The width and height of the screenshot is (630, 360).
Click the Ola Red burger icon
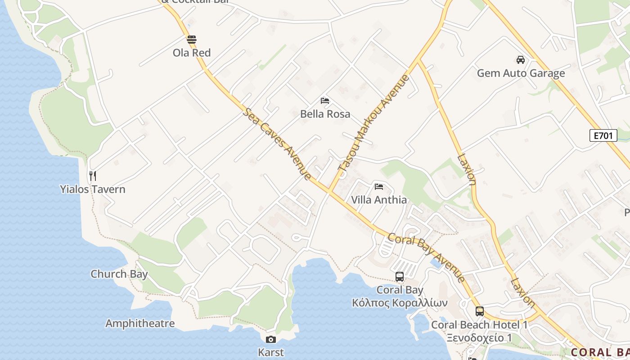192,39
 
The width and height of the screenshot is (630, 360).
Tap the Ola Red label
192,53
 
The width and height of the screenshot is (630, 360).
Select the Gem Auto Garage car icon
521,59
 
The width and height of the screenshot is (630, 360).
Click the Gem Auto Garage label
521,73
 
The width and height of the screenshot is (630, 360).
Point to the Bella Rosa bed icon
325,100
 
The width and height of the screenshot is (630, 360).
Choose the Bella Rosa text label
325,114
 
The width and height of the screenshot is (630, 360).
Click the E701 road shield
603,135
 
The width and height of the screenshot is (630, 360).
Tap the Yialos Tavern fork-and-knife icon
93,175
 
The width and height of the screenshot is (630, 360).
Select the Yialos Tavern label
93,189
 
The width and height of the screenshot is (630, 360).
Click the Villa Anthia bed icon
379,186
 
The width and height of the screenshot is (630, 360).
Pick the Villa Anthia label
379,200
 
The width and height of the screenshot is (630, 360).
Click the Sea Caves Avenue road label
277,144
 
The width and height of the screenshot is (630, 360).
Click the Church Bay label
119,274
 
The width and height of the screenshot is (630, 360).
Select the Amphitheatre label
140,323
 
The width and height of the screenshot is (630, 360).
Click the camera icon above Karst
271,339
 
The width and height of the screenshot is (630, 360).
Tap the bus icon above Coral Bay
400,277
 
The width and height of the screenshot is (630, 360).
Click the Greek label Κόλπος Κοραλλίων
400,303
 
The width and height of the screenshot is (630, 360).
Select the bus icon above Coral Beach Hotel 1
480,311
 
